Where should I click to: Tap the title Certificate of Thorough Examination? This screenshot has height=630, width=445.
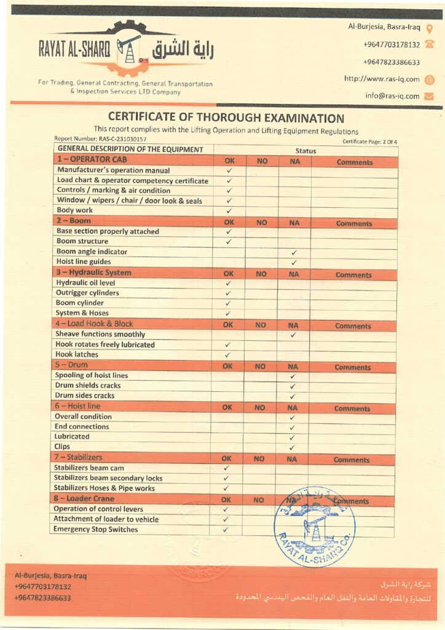(x=226, y=118)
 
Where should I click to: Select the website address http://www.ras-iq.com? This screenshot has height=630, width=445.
(x=382, y=79)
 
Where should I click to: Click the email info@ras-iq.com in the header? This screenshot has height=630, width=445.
(x=392, y=96)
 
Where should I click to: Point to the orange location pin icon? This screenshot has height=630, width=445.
(x=430, y=28)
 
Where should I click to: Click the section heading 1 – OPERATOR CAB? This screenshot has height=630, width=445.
(x=86, y=160)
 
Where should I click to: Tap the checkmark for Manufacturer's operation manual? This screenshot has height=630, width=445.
(x=229, y=170)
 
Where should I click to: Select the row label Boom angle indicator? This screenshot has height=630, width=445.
(x=92, y=252)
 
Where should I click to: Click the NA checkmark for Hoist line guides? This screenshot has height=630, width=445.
(x=294, y=262)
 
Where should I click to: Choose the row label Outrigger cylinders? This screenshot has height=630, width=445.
(x=87, y=293)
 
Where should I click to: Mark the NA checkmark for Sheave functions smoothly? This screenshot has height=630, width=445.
(x=293, y=335)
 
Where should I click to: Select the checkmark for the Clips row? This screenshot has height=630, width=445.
(x=292, y=447)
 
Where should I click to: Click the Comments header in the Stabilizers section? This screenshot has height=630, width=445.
(x=352, y=460)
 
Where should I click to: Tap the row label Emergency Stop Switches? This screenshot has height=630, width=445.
(x=96, y=529)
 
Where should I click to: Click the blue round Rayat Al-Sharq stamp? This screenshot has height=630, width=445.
(x=314, y=527)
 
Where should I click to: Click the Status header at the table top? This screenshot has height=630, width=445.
(x=305, y=151)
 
